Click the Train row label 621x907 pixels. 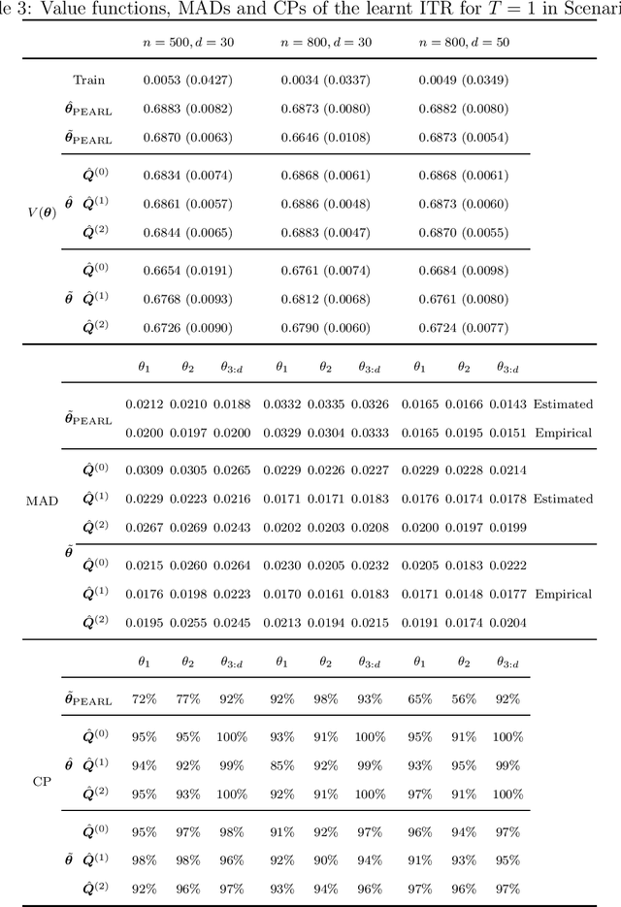(89, 80)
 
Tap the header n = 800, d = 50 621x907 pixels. (464, 44)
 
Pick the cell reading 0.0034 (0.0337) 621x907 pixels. (326, 80)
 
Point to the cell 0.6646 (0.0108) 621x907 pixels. (326, 139)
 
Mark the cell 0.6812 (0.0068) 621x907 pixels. (326, 298)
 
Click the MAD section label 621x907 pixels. (42, 500)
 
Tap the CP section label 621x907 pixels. (42, 779)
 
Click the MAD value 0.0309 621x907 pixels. (145, 470)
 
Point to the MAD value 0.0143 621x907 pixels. (508, 404)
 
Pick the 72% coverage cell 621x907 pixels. (145, 698)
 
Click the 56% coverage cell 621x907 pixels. (464, 698)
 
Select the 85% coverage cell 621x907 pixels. (281, 764)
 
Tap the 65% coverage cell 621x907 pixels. (420, 698)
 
